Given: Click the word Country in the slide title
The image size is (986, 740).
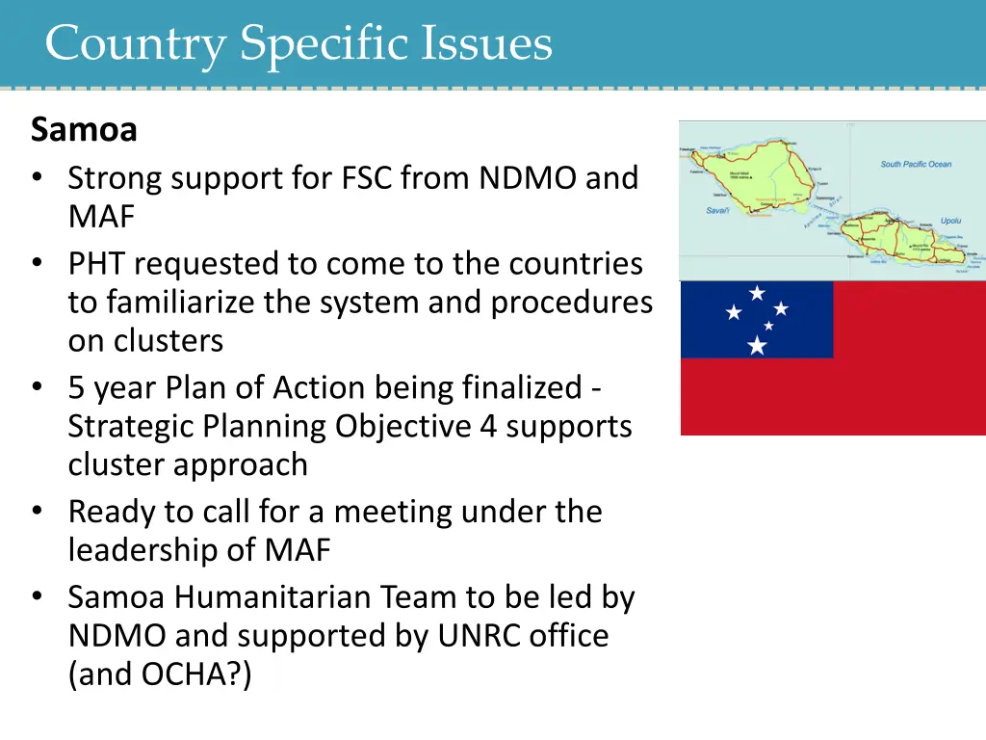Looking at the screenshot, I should coord(134,44).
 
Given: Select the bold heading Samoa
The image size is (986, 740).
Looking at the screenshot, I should coord(84,129).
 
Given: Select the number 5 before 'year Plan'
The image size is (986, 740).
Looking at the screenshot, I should coord(76,387).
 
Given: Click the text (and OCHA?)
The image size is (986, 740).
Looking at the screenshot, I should coord(160,674).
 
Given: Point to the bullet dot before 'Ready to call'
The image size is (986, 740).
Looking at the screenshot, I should coord(37,512).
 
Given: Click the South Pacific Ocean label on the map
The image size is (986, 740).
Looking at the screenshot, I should coord(915,164).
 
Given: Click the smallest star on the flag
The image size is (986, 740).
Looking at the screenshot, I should coord(768,326).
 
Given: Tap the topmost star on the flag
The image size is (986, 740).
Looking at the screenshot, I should coord(758,291).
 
